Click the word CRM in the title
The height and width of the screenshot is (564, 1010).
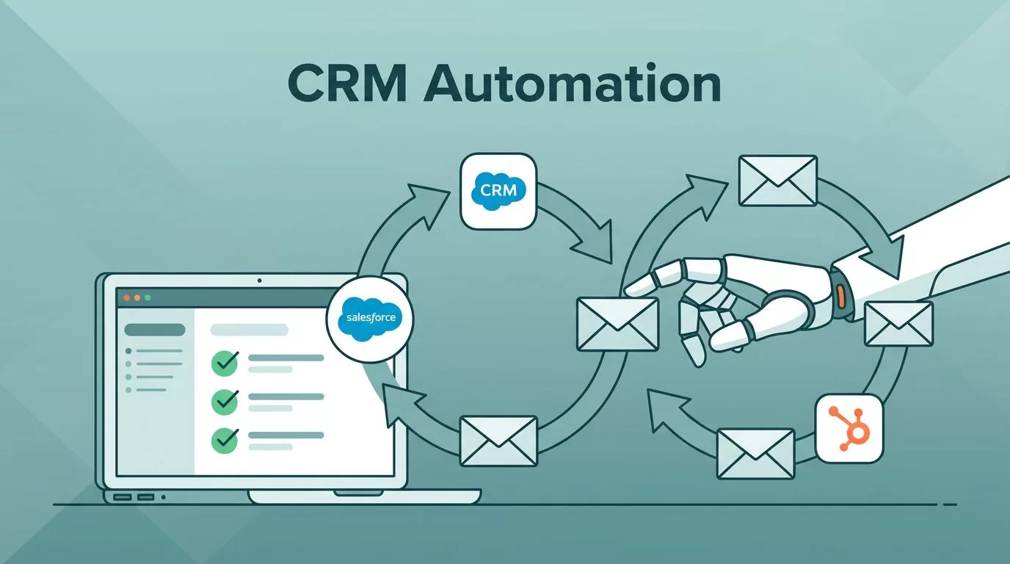348,84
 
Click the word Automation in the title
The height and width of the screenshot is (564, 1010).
573,84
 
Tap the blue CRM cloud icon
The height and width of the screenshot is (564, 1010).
498,191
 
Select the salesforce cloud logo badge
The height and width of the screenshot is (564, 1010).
370,319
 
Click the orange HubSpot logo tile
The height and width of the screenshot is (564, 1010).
849,429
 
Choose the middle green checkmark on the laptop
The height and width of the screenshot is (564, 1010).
225,402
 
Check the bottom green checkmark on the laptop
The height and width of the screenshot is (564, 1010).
225,440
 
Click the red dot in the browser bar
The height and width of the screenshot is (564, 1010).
127,298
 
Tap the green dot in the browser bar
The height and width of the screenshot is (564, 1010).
148,298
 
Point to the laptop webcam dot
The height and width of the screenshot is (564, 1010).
259,281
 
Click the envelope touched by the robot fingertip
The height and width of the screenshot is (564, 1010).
618,324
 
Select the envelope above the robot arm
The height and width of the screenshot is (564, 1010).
778,181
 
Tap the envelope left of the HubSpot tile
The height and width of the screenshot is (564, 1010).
756,454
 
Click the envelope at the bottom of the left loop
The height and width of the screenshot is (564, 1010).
498,441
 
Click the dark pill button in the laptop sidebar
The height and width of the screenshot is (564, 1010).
155,330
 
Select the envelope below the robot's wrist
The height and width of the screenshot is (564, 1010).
898,324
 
